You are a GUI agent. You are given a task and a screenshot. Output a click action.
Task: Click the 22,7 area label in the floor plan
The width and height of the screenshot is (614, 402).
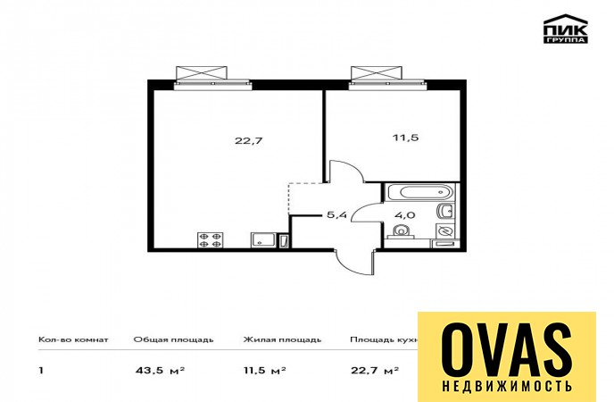(x=249, y=140)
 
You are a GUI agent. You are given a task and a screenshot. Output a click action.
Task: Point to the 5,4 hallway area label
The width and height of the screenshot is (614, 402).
(x=337, y=214)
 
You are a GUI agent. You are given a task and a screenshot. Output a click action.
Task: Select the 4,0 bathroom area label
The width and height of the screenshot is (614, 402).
(x=406, y=214)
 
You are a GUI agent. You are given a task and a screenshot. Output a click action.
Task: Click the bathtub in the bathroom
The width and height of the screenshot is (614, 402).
(x=419, y=192)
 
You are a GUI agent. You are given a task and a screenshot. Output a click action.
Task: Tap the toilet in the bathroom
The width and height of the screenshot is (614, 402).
(x=401, y=232)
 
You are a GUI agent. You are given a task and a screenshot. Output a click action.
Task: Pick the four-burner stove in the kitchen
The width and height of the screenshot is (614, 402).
(x=211, y=239)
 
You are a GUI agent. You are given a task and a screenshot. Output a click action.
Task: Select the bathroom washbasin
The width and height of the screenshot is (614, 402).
(x=445, y=212)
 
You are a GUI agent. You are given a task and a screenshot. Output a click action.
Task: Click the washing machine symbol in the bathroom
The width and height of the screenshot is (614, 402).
(x=445, y=231)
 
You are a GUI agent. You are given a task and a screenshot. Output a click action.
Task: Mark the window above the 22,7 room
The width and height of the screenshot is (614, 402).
(x=212, y=78)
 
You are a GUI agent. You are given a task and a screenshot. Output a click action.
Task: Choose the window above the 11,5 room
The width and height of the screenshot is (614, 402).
(x=387, y=78)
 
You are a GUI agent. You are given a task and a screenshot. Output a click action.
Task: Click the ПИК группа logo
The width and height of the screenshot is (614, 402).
(x=566, y=29)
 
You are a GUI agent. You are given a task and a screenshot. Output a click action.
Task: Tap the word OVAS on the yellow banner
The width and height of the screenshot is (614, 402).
(x=507, y=350)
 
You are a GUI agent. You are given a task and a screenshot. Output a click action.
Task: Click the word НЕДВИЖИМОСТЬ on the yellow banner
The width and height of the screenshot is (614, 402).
(x=507, y=386)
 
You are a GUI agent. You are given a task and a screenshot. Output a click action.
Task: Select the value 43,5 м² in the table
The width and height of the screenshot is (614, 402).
(x=160, y=370)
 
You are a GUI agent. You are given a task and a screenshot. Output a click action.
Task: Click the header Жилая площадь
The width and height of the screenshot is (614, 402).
(x=282, y=339)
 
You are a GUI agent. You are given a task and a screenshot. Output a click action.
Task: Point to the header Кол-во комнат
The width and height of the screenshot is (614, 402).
(x=73, y=339)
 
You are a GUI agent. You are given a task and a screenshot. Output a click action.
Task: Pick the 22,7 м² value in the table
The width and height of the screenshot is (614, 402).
(x=375, y=370)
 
